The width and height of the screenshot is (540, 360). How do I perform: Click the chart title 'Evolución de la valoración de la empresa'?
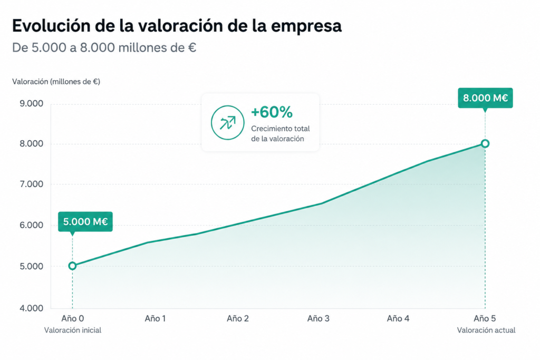coord(177,26)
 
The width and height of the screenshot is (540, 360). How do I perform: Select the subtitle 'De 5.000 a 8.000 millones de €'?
coord(104,47)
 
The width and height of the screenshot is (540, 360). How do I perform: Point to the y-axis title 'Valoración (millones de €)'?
coord(56,82)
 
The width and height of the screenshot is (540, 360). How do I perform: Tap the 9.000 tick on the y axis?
coord(31,104)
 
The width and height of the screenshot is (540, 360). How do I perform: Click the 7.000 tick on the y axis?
coord(31,184)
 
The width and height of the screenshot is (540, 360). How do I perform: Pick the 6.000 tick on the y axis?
coord(31,225)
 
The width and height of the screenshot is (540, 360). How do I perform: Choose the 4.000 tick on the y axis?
coord(31,308)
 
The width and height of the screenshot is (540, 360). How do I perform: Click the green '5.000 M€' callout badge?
coord(85,222)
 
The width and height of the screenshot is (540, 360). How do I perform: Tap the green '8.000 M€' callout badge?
coord(485,98)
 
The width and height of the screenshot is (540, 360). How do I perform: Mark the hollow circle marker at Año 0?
coord(72,266)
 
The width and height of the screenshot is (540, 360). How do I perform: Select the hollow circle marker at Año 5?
coord(485,143)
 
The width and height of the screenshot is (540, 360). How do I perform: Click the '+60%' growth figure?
coord(272,112)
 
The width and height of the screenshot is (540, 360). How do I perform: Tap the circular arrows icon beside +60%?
coord(228,122)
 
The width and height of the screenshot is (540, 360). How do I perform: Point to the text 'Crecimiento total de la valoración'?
coord(281,133)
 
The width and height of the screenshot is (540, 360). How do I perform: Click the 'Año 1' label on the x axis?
coord(155,319)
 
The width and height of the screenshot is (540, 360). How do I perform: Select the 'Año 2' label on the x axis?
coord(238,319)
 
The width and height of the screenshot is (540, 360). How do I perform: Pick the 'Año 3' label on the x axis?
coord(318,319)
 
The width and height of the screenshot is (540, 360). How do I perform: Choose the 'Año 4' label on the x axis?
coord(398,319)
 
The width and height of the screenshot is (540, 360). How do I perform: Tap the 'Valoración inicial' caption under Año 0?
coord(73,330)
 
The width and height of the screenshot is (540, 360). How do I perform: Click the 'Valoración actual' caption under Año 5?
coord(486,330)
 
